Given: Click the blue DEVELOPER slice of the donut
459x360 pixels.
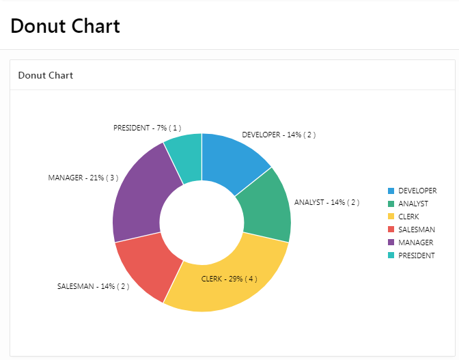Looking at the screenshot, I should (232, 161).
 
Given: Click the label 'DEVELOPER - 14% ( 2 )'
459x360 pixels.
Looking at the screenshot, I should (279, 135).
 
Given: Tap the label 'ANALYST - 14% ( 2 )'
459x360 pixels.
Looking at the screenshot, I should (326, 203).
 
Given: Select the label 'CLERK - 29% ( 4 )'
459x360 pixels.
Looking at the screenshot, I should (229, 279).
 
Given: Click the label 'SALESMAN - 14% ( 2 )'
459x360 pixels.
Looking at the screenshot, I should (93, 287).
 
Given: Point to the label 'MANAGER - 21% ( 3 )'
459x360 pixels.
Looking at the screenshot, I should (83, 178).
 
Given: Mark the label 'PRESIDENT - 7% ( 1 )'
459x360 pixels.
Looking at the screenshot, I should (147, 128).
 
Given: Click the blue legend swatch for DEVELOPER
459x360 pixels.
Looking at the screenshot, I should (391, 191).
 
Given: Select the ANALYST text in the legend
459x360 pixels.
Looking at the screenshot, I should (413, 204).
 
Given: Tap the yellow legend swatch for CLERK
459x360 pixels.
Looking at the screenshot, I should (391, 217).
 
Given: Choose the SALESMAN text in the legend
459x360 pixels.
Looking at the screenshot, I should (417, 230).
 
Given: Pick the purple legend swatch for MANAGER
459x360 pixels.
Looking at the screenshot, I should (391, 243).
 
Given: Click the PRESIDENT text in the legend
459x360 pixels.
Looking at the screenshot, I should (417, 255).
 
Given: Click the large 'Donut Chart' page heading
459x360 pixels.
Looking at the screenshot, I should (66, 26).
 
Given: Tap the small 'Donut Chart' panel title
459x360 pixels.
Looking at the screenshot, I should (45, 75).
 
